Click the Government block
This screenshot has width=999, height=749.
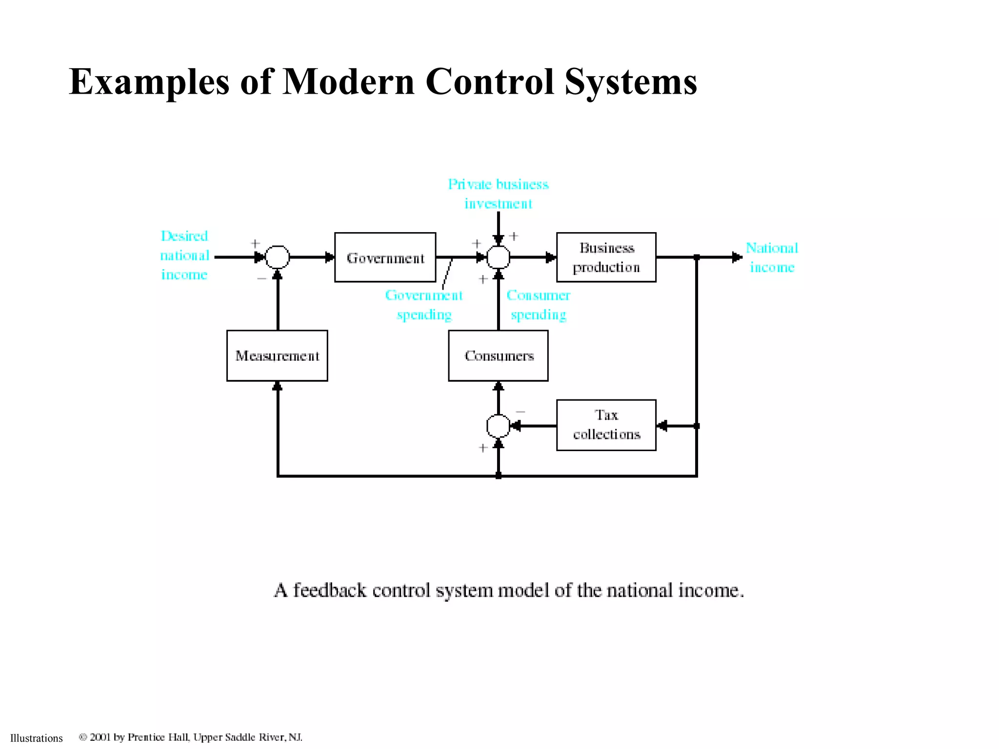tap(385, 257)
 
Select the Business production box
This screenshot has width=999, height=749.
tap(606, 257)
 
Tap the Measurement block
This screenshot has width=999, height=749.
tap(277, 355)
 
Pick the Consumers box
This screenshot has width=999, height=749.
tap(498, 355)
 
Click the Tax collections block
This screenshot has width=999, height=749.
tap(606, 425)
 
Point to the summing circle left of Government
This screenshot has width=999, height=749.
tap(277, 257)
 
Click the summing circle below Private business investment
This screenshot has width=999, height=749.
tap(498, 257)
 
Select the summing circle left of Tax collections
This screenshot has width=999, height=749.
tap(498, 426)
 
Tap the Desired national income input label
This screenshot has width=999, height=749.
tap(184, 255)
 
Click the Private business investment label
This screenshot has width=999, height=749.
tap(498, 194)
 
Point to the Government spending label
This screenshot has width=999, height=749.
tap(424, 305)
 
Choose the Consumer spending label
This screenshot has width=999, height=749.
tap(538, 305)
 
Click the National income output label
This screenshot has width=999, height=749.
tap(772, 257)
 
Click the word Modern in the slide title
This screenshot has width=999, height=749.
tap(348, 81)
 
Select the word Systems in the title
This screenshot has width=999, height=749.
tap(631, 81)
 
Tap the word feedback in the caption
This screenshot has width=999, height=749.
tap(329, 590)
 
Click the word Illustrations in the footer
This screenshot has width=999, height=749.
tap(37, 738)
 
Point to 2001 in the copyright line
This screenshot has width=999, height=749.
tap(100, 737)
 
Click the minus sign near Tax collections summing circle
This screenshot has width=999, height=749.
tap(520, 412)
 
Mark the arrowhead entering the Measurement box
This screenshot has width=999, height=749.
tap(277, 386)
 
